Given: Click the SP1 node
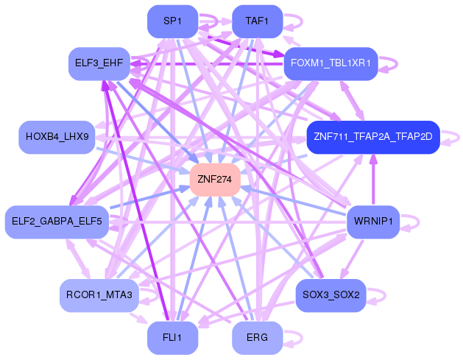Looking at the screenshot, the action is click(172, 21).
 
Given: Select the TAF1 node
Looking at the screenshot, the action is click(257, 21).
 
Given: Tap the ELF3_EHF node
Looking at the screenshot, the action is click(99, 63).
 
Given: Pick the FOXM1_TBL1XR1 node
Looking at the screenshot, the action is click(331, 63).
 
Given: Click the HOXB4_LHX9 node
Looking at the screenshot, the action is click(57, 137).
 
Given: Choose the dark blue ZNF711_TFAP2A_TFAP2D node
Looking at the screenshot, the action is click(373, 137).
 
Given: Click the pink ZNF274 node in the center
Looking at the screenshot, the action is click(215, 180).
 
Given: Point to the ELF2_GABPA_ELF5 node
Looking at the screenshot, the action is click(57, 222).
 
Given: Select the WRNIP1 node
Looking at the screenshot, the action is click(373, 222).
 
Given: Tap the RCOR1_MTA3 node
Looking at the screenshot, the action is click(99, 295).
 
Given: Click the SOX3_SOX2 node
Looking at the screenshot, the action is click(331, 295).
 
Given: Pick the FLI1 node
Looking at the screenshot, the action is click(172, 338).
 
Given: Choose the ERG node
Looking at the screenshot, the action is click(257, 338).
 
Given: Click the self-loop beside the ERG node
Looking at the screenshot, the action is click(302, 338).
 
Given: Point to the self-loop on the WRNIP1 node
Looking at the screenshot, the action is click(419, 222).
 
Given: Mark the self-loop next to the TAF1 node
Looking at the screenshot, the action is click(302, 21).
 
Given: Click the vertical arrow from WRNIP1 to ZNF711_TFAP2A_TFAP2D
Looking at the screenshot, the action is click(373, 180).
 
